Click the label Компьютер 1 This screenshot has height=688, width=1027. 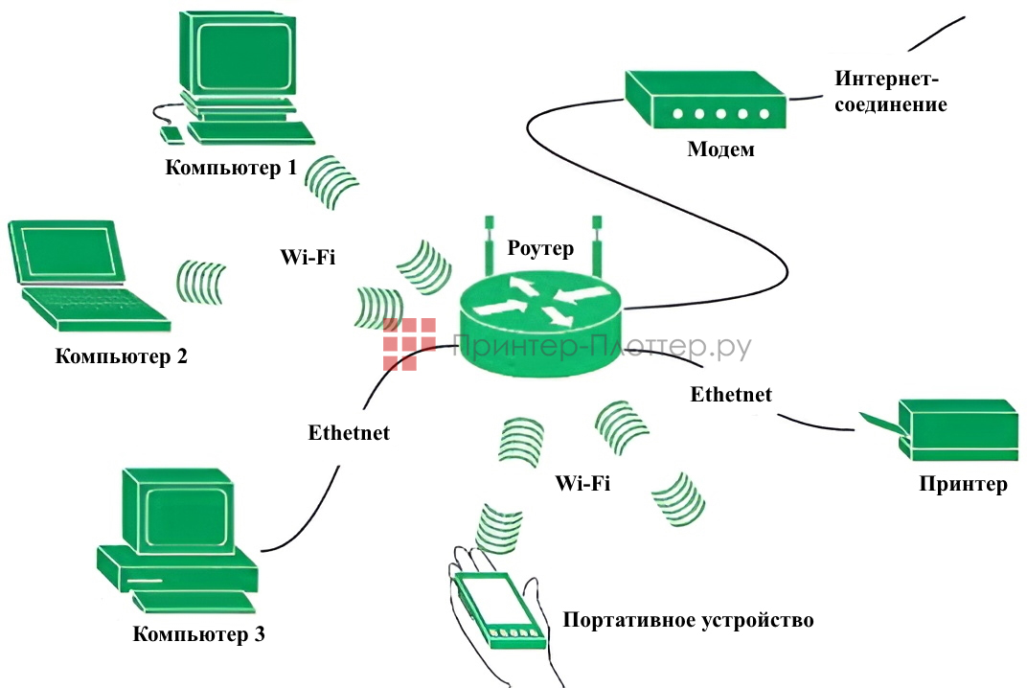(231, 168)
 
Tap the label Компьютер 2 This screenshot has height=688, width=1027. (121, 357)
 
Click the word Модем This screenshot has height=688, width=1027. (720, 149)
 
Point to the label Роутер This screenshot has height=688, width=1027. (540, 249)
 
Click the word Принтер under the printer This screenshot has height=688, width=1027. (963, 484)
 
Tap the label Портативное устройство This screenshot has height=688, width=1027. (688, 620)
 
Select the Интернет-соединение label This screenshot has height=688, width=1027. (890, 91)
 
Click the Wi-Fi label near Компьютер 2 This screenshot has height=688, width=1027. (308, 257)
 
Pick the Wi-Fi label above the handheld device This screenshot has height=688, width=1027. (582, 483)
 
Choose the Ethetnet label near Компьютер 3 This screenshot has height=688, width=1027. (349, 432)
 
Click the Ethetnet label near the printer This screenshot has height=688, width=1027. (731, 394)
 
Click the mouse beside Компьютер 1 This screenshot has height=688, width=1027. (170, 133)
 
